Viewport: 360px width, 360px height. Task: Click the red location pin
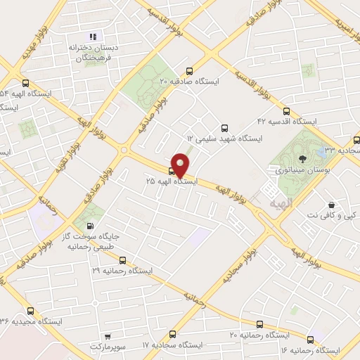(181, 165)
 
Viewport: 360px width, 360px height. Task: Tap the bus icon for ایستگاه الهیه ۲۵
(172, 170)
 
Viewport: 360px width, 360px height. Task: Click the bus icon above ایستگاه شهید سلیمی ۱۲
(224, 128)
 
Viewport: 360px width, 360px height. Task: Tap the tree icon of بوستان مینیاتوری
(303, 159)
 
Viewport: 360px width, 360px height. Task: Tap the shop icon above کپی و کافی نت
(330, 205)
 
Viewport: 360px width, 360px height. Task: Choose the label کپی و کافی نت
(330, 215)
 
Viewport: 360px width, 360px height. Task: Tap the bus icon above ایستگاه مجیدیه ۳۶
(30, 310)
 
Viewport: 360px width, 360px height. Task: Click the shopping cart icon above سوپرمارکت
(108, 337)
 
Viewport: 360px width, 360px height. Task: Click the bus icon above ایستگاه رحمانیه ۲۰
(259, 324)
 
